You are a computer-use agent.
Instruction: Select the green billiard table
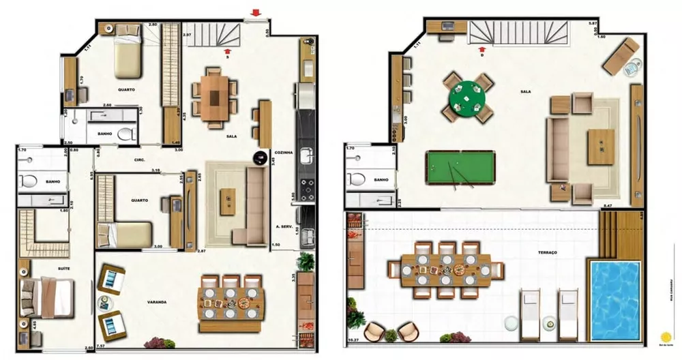(460, 167)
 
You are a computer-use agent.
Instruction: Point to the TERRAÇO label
(547, 252)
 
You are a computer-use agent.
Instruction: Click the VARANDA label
(158, 300)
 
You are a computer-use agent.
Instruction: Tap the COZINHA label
(283, 153)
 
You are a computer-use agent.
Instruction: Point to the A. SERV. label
(284, 226)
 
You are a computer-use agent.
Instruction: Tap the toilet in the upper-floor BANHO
(357, 179)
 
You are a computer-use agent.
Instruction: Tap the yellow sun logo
(666, 337)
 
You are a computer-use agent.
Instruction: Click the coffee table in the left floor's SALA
(227, 201)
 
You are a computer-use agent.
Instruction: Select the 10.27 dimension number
(353, 339)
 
